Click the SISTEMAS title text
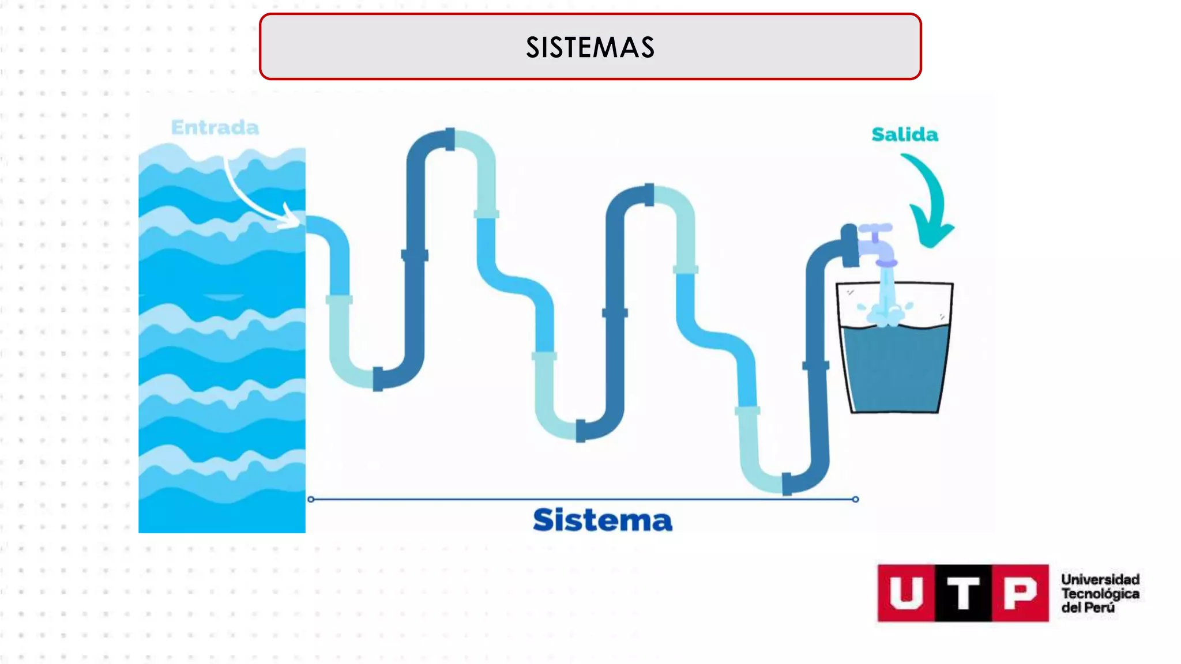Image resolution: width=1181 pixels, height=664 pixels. (590, 47)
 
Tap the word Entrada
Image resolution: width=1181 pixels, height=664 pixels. (215, 127)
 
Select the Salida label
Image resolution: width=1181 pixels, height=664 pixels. (904, 134)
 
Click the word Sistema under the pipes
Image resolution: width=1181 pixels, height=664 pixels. (602, 520)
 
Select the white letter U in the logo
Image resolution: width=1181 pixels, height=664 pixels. (906, 593)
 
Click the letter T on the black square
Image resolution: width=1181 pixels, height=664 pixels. (963, 593)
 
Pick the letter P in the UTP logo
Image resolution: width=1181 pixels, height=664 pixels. (1020, 593)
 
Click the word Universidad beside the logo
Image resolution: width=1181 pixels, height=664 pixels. (1100, 579)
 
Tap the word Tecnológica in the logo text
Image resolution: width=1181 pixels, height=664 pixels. (1100, 594)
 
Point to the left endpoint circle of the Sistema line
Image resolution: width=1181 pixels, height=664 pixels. (311, 499)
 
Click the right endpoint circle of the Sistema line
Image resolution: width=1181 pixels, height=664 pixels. (855, 499)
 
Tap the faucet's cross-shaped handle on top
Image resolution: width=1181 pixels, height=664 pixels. (875, 229)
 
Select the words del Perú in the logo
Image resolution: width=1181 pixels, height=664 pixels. (1088, 608)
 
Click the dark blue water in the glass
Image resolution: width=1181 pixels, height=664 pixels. (894, 369)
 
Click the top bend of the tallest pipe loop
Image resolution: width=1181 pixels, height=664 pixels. (450, 138)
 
